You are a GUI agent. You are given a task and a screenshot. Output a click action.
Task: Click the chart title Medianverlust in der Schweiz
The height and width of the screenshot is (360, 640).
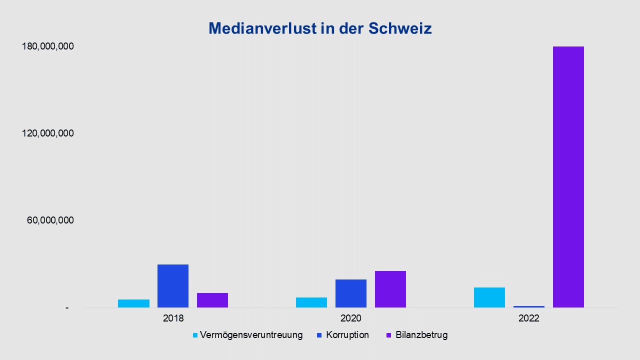320,28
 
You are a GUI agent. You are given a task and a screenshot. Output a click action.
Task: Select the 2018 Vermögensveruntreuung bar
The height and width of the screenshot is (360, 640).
133,303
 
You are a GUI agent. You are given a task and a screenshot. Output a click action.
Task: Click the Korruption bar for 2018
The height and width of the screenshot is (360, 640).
173,285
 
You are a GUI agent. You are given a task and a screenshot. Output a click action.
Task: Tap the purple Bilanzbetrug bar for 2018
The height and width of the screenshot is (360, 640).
212,300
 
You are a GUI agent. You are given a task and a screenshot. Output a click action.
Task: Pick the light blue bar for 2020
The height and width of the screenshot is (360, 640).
311,302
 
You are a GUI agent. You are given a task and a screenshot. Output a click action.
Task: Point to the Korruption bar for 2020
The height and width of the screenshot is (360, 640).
351,293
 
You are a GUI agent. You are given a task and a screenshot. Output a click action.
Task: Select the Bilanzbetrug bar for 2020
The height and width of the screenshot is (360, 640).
390,289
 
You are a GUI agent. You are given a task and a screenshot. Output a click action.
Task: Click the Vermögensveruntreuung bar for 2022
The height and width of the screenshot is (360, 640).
489,297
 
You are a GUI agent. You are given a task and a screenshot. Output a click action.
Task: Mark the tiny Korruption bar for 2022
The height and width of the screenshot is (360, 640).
529,306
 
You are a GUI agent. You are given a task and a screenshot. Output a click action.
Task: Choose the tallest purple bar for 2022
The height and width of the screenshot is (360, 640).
568,177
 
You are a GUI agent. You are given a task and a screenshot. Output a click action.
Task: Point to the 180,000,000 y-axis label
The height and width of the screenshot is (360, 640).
48,46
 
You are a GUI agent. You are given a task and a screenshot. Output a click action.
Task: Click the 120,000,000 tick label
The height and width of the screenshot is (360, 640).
48,133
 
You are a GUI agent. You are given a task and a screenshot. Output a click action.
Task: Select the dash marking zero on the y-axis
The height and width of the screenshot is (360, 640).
67,308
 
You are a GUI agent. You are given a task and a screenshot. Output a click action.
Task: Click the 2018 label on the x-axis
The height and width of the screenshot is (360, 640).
173,318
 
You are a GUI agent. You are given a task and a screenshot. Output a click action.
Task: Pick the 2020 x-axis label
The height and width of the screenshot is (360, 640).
351,318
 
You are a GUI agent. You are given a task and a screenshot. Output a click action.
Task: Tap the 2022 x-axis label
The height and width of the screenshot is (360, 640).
529,318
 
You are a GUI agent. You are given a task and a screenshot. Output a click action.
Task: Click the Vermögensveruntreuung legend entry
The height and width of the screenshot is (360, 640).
248,335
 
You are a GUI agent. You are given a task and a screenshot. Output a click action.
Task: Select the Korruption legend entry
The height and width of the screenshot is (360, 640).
343,335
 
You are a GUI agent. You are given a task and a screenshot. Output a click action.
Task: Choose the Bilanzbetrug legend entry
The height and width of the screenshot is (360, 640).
417,335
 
